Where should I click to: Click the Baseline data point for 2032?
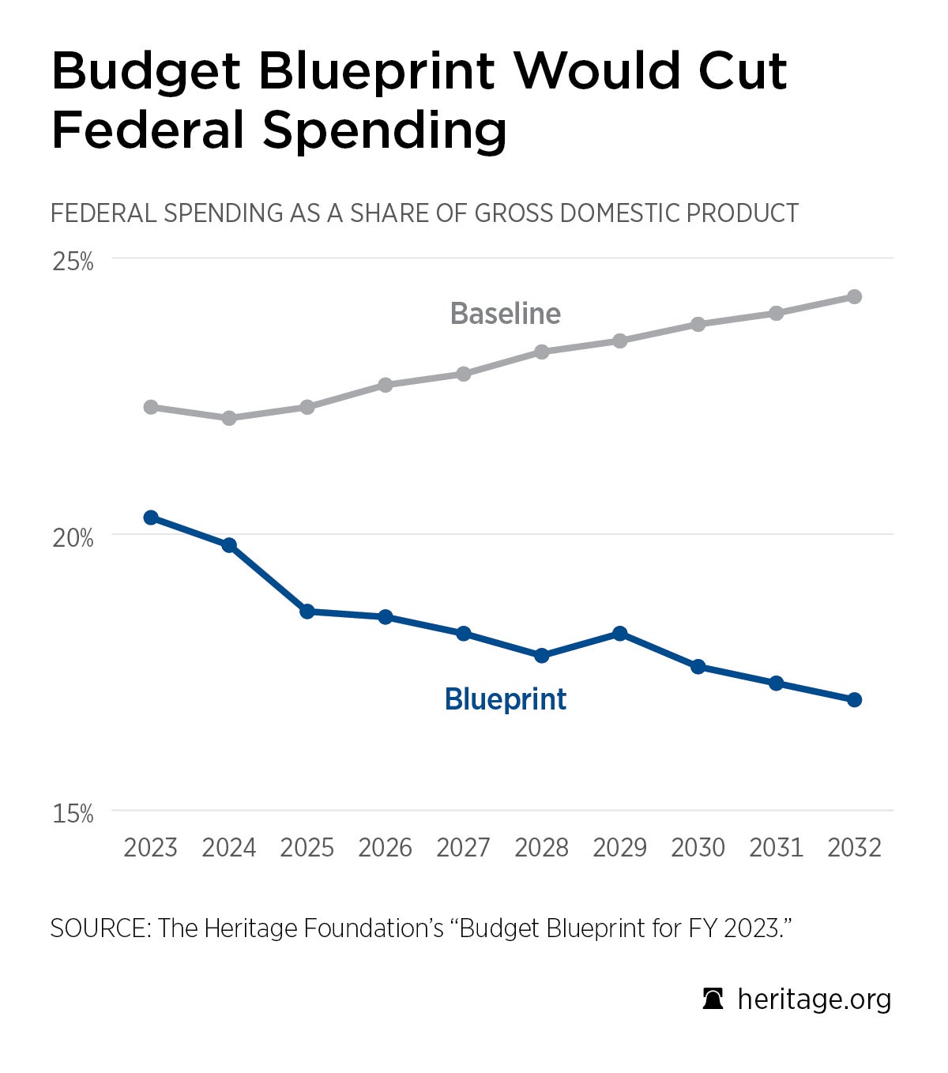pyautogui.click(x=854, y=296)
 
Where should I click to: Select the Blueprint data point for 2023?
pyautogui.click(x=151, y=518)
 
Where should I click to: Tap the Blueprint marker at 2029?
pyautogui.click(x=620, y=633)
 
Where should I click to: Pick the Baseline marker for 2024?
pyautogui.click(x=229, y=418)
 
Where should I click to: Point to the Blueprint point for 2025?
pyautogui.click(x=307, y=611)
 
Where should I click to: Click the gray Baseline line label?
pyautogui.click(x=506, y=314)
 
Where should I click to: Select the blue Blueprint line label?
pyautogui.click(x=506, y=699)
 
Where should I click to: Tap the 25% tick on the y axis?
pyautogui.click(x=73, y=262)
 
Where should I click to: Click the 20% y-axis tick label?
pyautogui.click(x=73, y=538)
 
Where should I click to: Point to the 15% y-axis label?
pyautogui.click(x=73, y=814)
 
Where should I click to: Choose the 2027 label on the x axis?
pyautogui.click(x=464, y=848)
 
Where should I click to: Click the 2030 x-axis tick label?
pyautogui.click(x=698, y=848)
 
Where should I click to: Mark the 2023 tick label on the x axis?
pyautogui.click(x=151, y=848)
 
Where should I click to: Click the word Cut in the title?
pyautogui.click(x=742, y=71)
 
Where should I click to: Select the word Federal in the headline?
pyautogui.click(x=149, y=130)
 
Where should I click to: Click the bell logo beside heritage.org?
pyautogui.click(x=713, y=999)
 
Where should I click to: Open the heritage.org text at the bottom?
pyautogui.click(x=814, y=1000)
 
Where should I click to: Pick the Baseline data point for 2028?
pyautogui.click(x=542, y=352)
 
